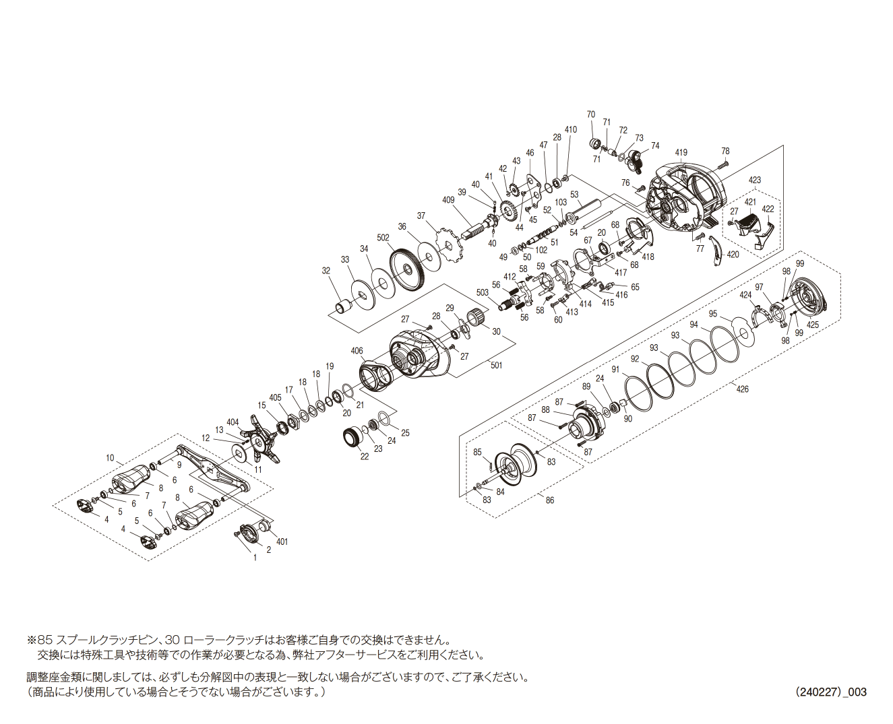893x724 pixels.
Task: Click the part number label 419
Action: (x=681, y=152)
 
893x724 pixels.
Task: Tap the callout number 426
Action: (x=742, y=389)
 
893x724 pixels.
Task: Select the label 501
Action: (x=497, y=365)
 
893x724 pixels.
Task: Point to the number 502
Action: (x=383, y=238)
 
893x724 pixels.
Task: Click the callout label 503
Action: (x=483, y=292)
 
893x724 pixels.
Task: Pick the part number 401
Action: (x=282, y=541)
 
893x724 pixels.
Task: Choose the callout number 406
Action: (x=357, y=351)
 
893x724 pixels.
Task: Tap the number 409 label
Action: (x=449, y=199)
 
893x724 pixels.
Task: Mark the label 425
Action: (x=813, y=325)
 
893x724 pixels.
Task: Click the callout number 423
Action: (x=755, y=180)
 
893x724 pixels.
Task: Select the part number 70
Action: (x=591, y=114)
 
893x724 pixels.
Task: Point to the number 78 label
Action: (x=725, y=151)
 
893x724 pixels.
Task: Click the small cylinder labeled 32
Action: (x=345, y=307)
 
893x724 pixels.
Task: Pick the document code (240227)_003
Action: (x=830, y=692)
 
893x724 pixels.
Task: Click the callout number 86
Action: (x=550, y=500)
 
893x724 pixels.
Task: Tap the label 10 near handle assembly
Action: (x=110, y=458)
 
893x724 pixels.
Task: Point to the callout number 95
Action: (x=713, y=314)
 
